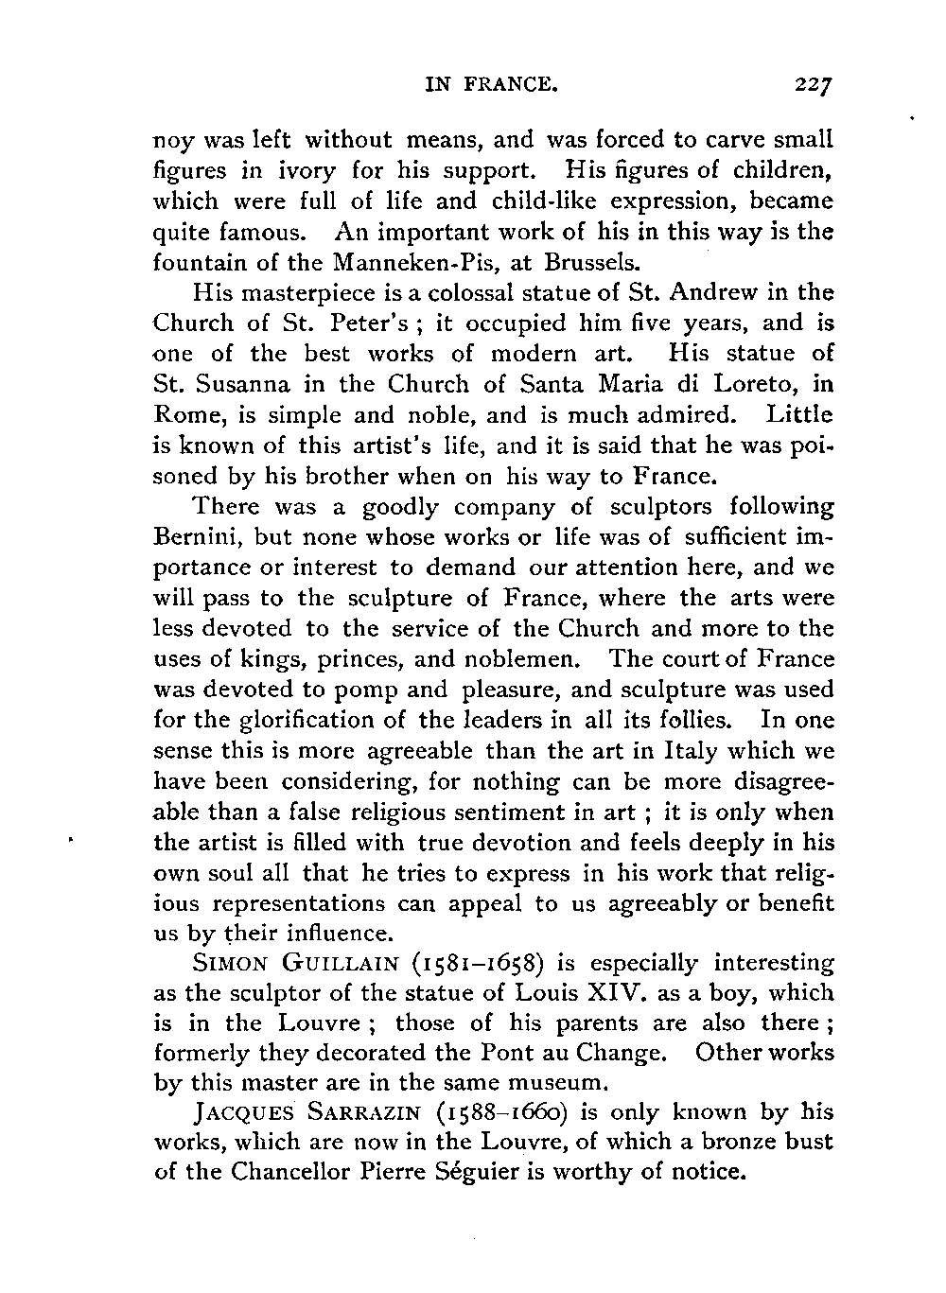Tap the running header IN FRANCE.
489,84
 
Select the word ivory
282,171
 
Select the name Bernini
199,537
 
